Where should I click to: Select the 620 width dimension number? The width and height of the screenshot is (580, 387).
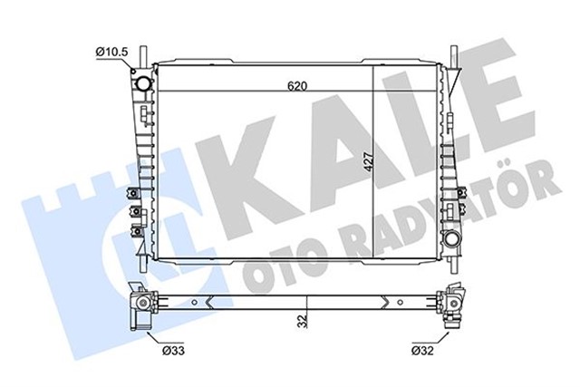(x=297, y=85)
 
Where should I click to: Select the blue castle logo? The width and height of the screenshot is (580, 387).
(x=100, y=227)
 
